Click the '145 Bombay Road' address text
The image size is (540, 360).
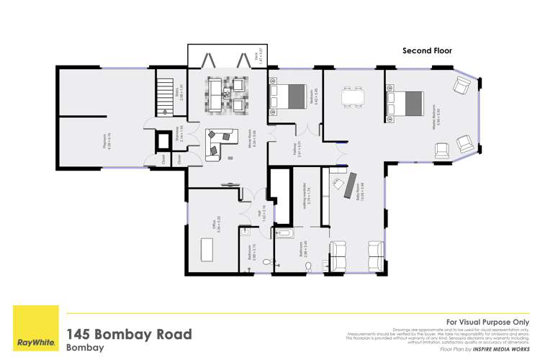(130, 334)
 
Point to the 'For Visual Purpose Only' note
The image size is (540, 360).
(488, 322)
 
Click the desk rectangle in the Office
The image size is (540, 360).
(207, 249)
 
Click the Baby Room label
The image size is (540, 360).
(357, 196)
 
